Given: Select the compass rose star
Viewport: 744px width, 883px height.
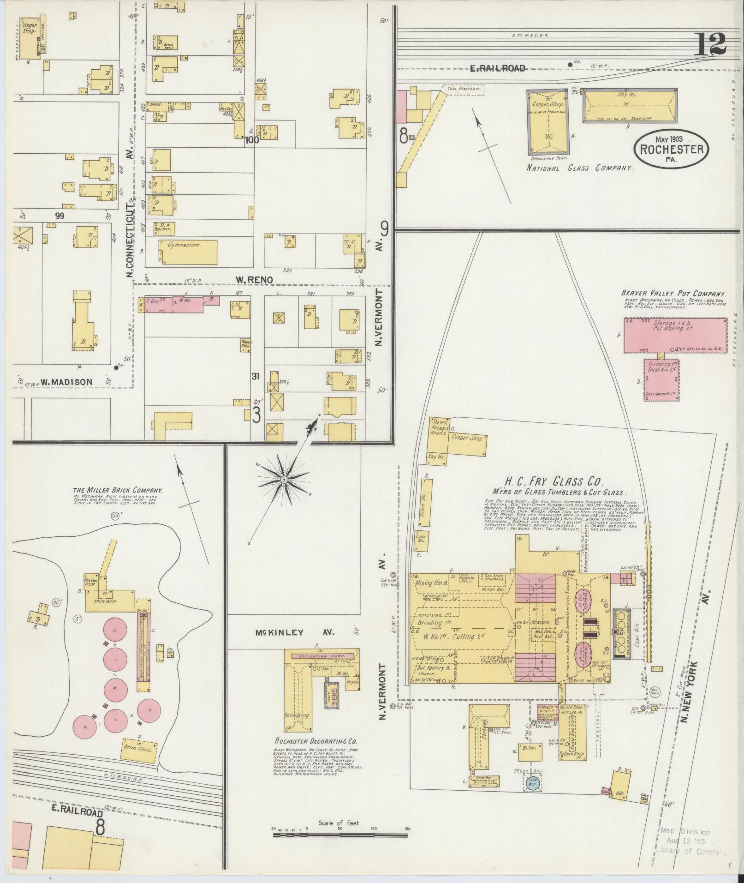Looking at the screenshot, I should click(x=283, y=481).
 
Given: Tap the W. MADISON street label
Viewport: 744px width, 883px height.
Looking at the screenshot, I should click(x=66, y=381).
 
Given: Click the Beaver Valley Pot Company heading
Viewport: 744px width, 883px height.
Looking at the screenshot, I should click(x=673, y=293).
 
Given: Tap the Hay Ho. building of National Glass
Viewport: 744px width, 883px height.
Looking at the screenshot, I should click(x=630, y=105).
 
